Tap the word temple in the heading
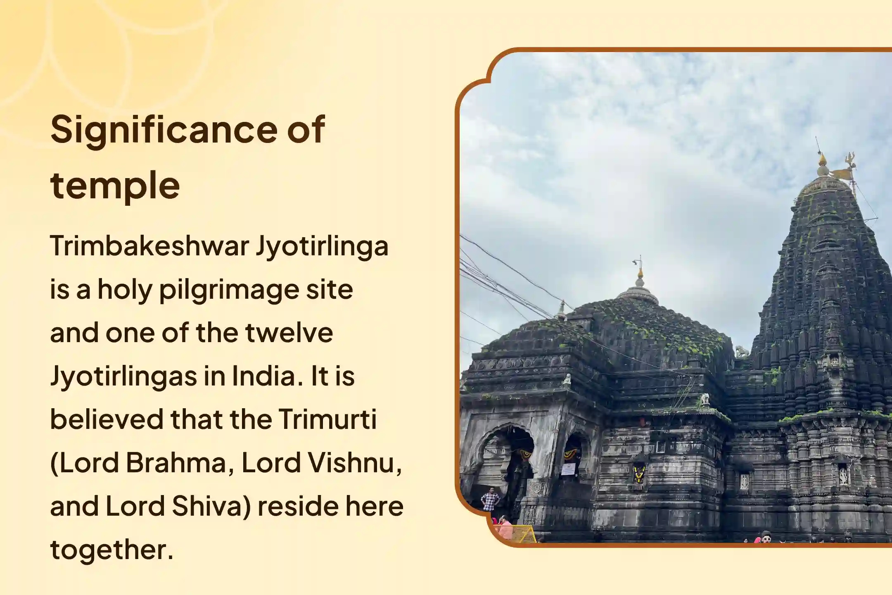(x=115, y=186)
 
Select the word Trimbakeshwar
(x=149, y=246)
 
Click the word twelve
(x=289, y=333)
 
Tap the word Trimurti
(x=327, y=419)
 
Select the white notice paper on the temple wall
(x=568, y=469)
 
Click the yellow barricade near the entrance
(x=524, y=534)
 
